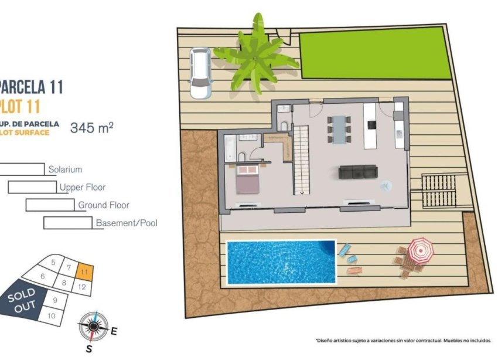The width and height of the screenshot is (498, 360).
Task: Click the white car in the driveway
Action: coord(200,73)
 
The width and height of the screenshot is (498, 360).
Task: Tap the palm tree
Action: coord(256,57)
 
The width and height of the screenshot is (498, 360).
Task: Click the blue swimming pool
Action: coord(281,261)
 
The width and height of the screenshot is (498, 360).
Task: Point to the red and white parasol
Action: coord(420,250)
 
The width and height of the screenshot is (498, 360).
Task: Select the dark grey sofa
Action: coord(358,172)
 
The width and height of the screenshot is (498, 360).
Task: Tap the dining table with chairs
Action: coord(339,128)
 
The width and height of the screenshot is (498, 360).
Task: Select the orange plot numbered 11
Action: coord(86,272)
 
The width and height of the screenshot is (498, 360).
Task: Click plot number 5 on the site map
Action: coord(53,262)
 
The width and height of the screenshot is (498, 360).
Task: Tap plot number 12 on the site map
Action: coord(81,287)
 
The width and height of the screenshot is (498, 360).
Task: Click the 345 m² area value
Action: coord(91,127)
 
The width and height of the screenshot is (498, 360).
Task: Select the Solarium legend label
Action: coord(65,169)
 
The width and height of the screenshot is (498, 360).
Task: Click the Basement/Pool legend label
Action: coord(126,223)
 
